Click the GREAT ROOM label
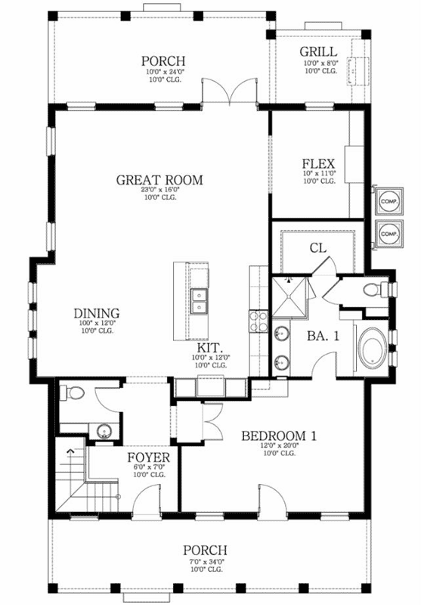159,180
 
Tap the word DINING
96,313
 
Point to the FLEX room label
318,163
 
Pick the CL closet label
317,247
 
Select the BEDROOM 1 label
278,436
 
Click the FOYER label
148,458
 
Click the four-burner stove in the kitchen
258,324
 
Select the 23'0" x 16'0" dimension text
159,191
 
